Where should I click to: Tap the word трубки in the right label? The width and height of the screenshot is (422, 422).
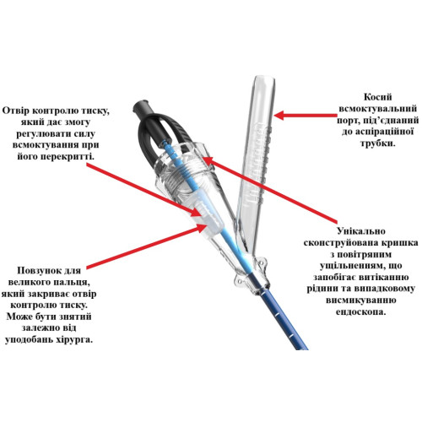(x=378, y=143)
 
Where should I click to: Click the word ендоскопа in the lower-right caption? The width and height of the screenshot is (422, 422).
(x=361, y=311)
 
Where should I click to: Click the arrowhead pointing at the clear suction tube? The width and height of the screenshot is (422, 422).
(x=279, y=115)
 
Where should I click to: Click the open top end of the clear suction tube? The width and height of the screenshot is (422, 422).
(x=265, y=78)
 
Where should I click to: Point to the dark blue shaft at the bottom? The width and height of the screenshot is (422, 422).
(x=282, y=318)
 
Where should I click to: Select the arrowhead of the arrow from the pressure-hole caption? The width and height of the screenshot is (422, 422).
(x=196, y=212)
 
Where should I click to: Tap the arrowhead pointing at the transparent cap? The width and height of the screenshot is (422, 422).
(x=207, y=160)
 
